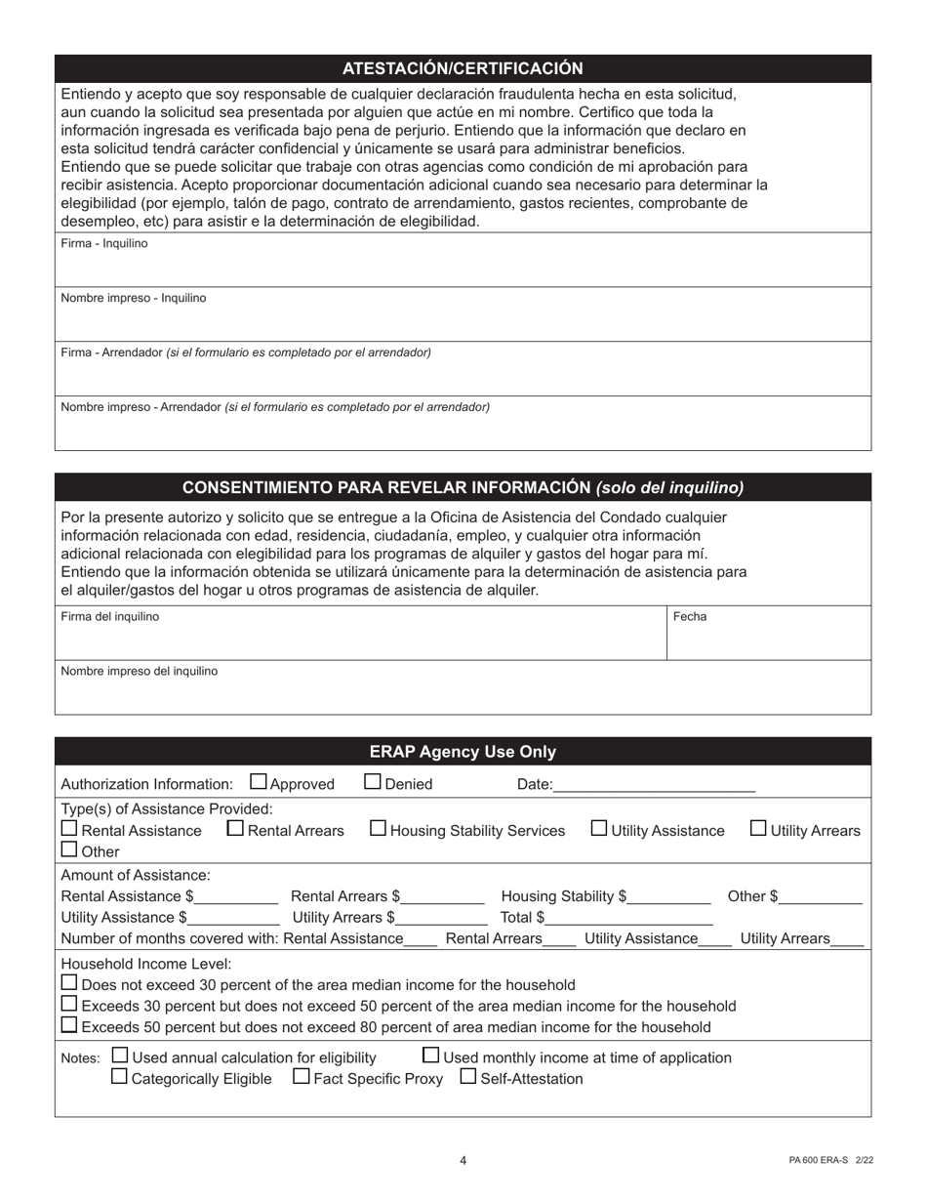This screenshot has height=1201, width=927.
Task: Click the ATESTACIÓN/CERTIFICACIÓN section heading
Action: click(x=463, y=68)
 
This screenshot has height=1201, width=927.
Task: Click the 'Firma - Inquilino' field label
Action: click(x=104, y=244)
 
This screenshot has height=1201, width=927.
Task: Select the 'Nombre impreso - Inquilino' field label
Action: click(x=134, y=298)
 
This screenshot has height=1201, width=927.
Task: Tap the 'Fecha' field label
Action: click(x=690, y=617)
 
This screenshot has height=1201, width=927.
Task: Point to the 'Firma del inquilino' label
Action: click(x=110, y=617)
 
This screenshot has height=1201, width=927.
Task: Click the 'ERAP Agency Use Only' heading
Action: click(x=463, y=752)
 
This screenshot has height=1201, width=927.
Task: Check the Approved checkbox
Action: click(x=259, y=781)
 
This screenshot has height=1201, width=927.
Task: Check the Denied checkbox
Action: click(x=373, y=781)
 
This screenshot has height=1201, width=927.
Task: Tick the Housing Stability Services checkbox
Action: click(x=379, y=828)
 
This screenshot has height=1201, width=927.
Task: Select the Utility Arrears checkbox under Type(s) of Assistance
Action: click(x=758, y=828)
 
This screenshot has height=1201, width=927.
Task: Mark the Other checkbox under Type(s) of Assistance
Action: click(x=69, y=850)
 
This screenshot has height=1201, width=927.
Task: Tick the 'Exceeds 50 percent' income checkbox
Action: click(x=69, y=1025)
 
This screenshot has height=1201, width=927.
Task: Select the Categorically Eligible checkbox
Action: click(x=119, y=1077)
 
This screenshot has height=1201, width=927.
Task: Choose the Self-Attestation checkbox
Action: click(x=467, y=1077)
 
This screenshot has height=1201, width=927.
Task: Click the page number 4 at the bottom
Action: click(x=463, y=1161)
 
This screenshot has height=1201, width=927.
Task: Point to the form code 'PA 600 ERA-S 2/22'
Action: click(x=830, y=1161)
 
